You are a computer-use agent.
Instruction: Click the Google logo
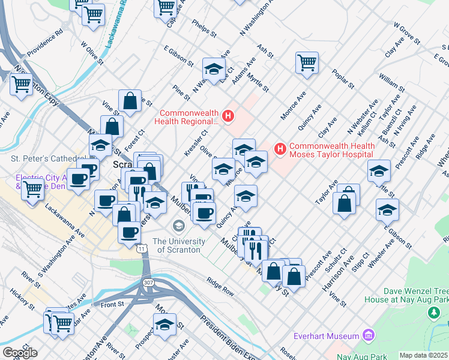pyautogui.click(x=19, y=353)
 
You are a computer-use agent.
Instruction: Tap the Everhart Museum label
pyautogui.click(x=325, y=336)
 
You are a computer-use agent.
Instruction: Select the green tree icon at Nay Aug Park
pyautogui.click(x=432, y=313)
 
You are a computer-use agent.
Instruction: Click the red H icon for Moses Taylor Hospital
pyautogui.click(x=279, y=148)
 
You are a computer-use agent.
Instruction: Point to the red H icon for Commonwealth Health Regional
pyautogui.click(x=228, y=116)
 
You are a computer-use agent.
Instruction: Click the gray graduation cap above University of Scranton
pyautogui.click(x=178, y=226)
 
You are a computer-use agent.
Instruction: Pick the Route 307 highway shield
pyautogui.click(x=148, y=282)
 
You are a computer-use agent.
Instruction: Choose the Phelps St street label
pyautogui.click(x=203, y=26)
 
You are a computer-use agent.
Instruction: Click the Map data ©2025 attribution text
pyautogui.click(x=423, y=355)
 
